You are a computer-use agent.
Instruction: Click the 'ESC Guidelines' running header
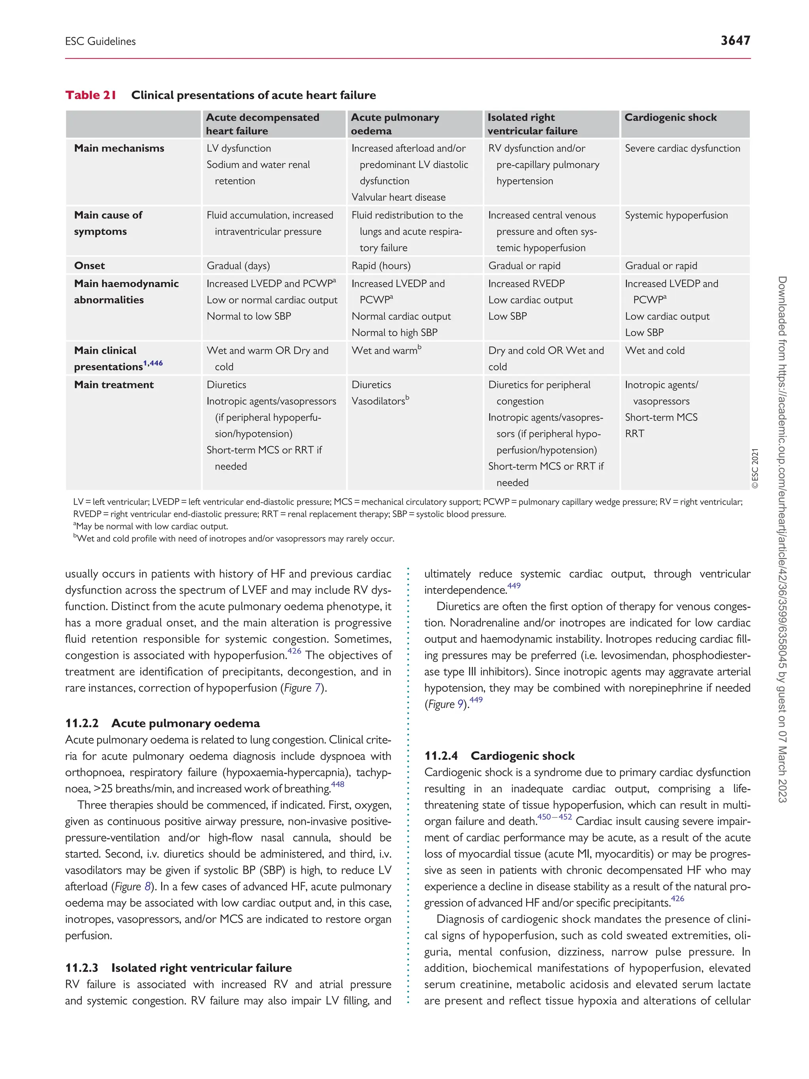point(100,41)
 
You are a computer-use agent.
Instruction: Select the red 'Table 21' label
point(91,95)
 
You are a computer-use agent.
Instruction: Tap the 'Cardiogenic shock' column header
point(670,118)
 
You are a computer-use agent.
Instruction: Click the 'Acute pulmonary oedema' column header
point(395,124)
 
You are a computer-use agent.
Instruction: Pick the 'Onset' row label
point(89,266)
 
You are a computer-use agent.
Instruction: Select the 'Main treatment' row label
point(114,385)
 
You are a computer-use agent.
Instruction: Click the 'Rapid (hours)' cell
point(381,266)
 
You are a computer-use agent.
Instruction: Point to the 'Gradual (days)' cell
point(238,266)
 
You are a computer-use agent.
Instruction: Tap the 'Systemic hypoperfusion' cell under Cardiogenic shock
point(676,215)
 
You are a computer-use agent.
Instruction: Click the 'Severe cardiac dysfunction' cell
point(682,148)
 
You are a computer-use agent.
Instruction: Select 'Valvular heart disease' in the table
point(399,197)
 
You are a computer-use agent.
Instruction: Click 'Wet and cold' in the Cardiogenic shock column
point(655,351)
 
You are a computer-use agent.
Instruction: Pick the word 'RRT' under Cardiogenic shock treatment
point(634,434)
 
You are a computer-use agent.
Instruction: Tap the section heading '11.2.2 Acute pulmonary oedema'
point(162,723)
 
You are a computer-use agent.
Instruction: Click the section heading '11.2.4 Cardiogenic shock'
point(499,755)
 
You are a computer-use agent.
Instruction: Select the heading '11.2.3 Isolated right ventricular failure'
point(179,968)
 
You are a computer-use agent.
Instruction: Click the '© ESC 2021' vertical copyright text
point(755,469)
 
